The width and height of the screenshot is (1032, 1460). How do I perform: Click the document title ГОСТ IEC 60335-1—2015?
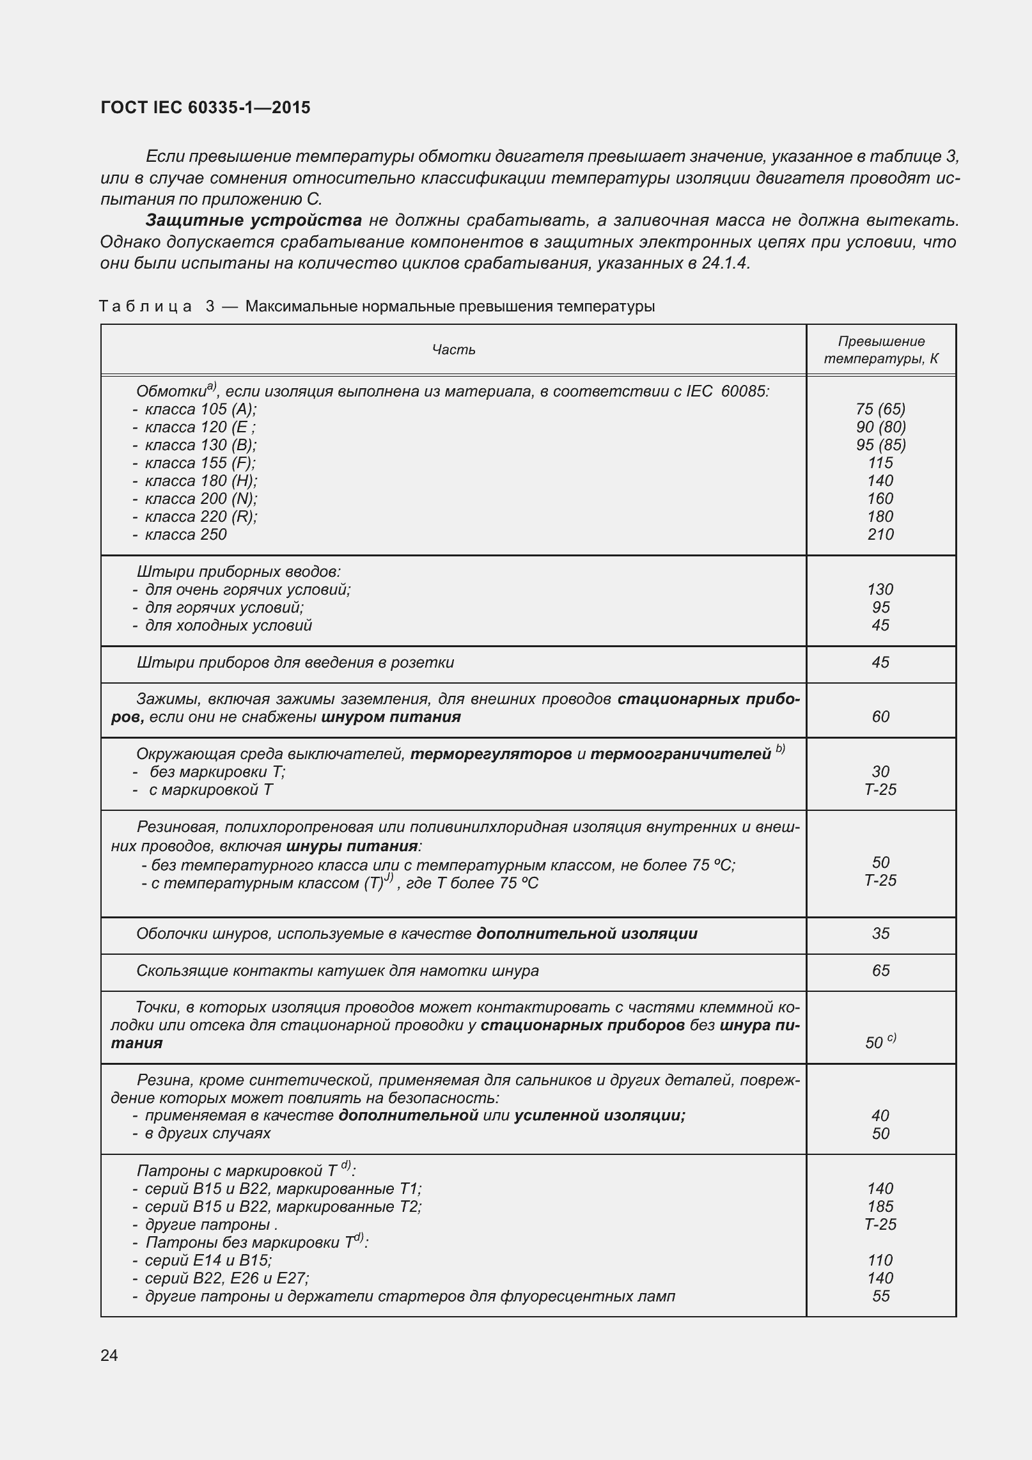(x=205, y=107)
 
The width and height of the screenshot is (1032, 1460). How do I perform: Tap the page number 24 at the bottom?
(x=109, y=1355)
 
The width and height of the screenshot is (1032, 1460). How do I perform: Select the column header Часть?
(x=453, y=349)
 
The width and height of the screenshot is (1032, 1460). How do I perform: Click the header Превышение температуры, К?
(x=880, y=350)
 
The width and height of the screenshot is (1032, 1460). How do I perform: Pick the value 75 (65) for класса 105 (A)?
(x=880, y=409)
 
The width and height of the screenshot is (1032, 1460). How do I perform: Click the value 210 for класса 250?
(x=880, y=535)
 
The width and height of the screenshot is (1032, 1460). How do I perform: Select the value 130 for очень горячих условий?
(x=880, y=590)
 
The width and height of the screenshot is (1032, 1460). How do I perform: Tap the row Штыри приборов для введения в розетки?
(x=295, y=663)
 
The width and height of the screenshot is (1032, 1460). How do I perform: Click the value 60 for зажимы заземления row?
(x=880, y=717)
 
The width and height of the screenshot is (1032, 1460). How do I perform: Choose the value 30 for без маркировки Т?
(x=880, y=772)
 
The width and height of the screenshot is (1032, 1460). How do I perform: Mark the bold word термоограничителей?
(x=680, y=755)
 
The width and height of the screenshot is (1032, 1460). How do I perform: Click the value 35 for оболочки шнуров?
(x=880, y=934)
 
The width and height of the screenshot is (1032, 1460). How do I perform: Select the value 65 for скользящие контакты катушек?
(x=880, y=971)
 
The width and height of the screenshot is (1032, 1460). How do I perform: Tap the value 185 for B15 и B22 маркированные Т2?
(x=880, y=1207)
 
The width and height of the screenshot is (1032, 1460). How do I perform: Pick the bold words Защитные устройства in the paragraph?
(x=254, y=221)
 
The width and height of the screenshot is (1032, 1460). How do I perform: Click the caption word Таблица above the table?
(x=145, y=306)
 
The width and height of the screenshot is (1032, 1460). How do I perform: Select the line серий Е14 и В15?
(x=208, y=1260)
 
